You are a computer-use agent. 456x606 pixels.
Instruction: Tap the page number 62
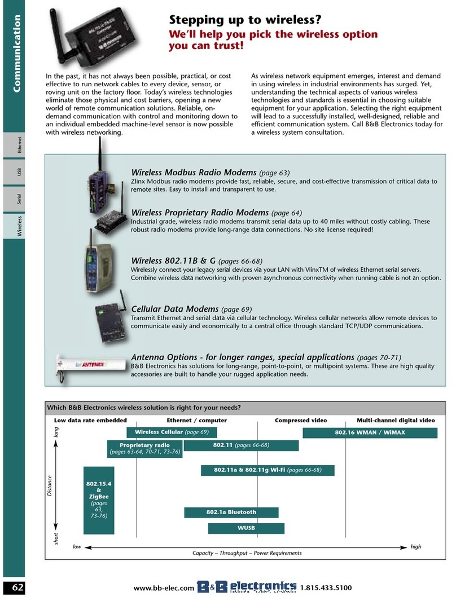coord(18,588)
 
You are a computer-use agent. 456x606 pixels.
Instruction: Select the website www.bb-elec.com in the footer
coord(164,589)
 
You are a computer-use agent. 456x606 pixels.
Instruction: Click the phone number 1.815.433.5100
coord(326,589)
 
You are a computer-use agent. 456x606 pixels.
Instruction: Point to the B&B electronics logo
coord(247,588)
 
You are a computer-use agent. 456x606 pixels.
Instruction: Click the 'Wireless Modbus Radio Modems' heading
coord(194,172)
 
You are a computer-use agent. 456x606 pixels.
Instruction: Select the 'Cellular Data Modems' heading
coord(174,309)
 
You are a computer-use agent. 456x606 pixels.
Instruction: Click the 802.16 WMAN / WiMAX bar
coord(370,432)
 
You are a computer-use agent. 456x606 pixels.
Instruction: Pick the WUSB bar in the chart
coord(247,528)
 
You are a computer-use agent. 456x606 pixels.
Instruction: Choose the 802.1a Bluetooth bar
coord(231,512)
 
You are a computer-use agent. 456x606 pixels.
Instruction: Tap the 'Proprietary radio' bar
coord(145,449)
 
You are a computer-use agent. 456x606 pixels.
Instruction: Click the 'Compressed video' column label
coord(300,421)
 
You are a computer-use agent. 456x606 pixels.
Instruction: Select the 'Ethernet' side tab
coord(19,145)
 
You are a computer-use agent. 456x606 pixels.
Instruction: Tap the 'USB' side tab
coord(19,172)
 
